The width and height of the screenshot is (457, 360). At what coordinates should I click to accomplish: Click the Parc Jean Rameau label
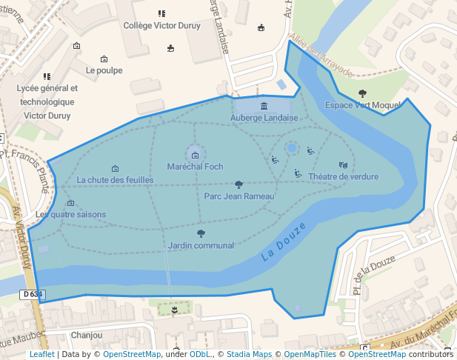point(239,196)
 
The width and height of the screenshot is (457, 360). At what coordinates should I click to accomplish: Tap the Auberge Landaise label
point(264,117)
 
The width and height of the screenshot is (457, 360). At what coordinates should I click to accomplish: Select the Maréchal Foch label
point(194,167)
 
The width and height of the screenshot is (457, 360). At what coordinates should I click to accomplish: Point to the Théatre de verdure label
point(343,177)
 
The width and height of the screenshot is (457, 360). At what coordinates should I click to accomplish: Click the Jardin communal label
point(201,245)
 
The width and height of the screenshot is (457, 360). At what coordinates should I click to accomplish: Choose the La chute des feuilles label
point(115,180)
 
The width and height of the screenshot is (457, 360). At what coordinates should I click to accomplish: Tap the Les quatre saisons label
point(71,215)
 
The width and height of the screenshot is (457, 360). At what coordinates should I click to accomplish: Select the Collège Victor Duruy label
point(162,24)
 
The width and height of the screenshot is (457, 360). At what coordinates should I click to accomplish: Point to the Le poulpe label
point(104,70)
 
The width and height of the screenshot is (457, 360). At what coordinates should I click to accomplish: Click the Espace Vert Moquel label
point(362,105)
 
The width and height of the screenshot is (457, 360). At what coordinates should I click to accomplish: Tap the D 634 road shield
point(33,295)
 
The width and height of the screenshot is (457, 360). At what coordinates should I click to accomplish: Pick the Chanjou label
point(87,335)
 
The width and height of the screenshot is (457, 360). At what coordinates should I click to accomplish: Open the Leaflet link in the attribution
point(41,354)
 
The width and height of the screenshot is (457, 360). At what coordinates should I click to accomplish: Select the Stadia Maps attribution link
point(249,354)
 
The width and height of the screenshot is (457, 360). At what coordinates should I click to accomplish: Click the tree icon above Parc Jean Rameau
point(238,184)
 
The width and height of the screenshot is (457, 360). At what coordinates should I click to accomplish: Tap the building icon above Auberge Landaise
point(264,106)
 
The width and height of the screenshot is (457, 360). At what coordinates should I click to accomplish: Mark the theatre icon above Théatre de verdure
point(343,165)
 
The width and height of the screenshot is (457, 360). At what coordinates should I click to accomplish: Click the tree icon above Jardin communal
point(201,234)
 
